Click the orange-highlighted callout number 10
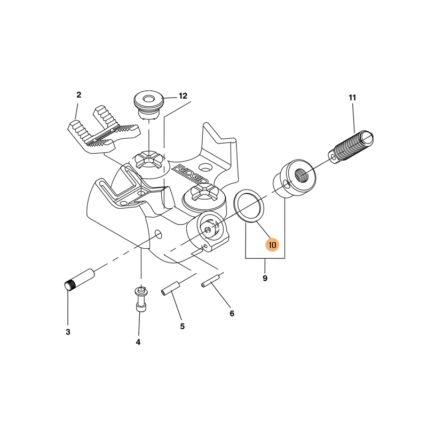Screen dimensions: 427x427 coord(272,245)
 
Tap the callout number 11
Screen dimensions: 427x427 coord(352,98)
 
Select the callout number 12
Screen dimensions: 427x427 coord(183,96)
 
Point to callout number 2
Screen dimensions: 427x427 coord(78,95)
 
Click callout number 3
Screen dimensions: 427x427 coord(68,332)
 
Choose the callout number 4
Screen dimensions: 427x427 coord(138,342)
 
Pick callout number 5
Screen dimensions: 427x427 coord(182,326)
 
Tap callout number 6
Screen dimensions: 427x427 coord(232,313)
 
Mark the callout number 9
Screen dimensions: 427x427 coord(265,278)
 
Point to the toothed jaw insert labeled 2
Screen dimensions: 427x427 coord(104,129)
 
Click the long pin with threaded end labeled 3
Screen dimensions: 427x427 coord(80,280)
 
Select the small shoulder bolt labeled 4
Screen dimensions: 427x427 coord(141,299)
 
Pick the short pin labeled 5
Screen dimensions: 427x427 coord(171,288)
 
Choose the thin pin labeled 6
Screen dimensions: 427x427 coord(210,282)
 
